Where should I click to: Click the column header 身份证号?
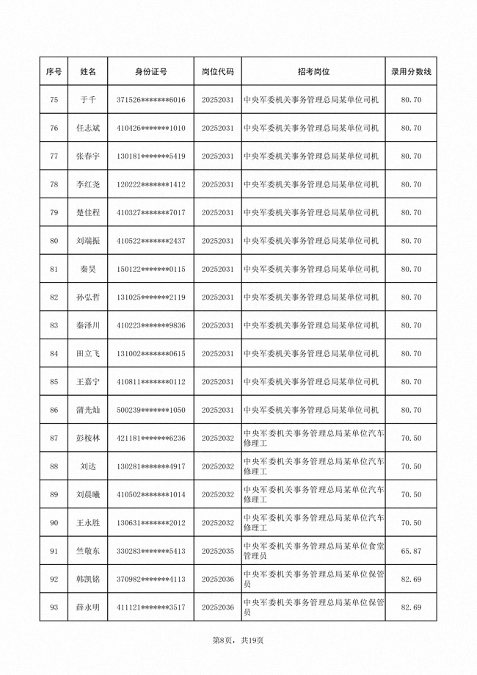pyautogui.click(x=150, y=71)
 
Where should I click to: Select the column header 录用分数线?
pyautogui.click(x=411, y=71)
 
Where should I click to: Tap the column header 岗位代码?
pyautogui.click(x=218, y=71)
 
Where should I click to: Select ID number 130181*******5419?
pyautogui.click(x=150, y=156)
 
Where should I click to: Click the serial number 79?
pyautogui.click(x=54, y=212)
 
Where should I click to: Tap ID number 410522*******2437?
pyautogui.click(x=150, y=241)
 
